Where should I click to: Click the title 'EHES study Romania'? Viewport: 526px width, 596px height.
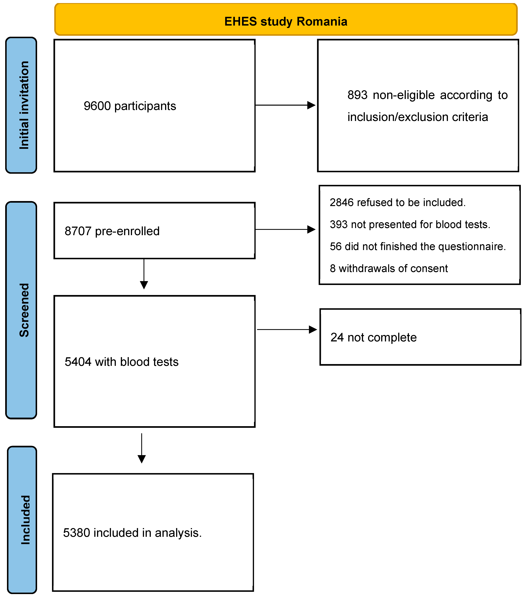pyautogui.click(x=286, y=22)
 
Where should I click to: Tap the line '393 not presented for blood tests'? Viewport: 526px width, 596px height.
pyautogui.click(x=410, y=224)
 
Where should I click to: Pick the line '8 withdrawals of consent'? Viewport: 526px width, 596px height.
pyautogui.click(x=388, y=268)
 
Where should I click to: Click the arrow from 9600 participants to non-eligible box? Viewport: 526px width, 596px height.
pyautogui.click(x=285, y=105)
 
